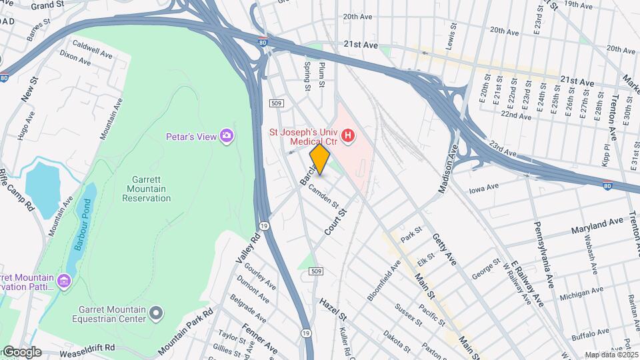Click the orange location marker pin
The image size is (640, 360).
(320, 159)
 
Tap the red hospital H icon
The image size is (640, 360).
(347, 137)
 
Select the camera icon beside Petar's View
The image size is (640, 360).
(227, 136)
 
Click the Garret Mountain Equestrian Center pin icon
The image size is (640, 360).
(156, 312)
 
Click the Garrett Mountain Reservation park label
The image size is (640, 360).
(141, 189)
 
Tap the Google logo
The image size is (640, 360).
(21, 352)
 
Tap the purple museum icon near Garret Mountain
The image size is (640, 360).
(64, 281)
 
